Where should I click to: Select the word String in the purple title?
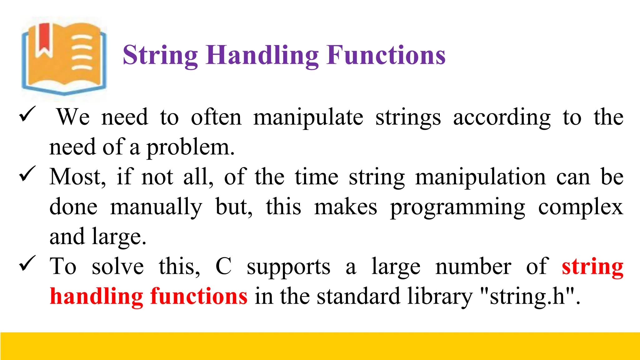coord(160,56)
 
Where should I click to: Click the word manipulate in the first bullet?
coord(308,117)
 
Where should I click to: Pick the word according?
coord(502,117)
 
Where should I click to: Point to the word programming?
coord(457,207)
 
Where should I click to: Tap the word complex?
coord(581,207)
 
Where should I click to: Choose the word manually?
coord(156,207)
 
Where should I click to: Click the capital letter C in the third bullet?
coord(224,266)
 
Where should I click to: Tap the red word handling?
coord(96,296)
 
